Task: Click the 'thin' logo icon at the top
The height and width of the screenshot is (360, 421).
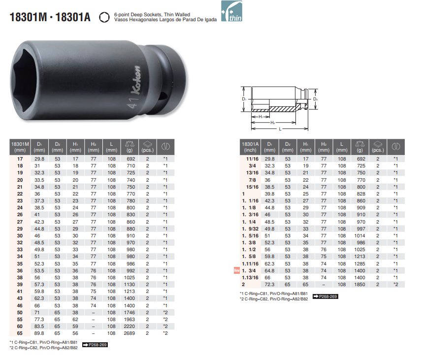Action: click(x=231, y=11)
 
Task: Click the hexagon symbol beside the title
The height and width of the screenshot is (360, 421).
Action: click(x=104, y=17)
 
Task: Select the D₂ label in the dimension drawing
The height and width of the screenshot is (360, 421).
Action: click(x=315, y=99)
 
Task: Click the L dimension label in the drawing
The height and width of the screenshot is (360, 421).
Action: click(x=280, y=129)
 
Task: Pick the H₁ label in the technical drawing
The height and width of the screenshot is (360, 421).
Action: click(x=260, y=117)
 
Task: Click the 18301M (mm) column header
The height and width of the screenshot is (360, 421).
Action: click(x=20, y=147)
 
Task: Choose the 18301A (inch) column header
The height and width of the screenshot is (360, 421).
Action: click(x=250, y=147)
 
